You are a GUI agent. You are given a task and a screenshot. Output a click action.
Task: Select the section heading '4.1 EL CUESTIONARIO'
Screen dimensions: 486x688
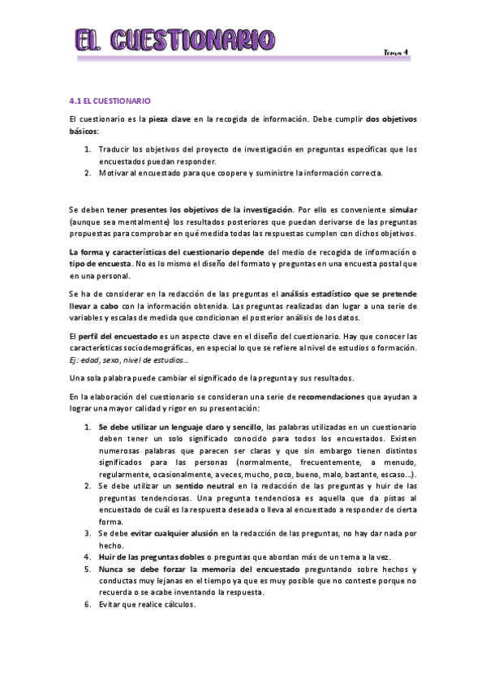110,101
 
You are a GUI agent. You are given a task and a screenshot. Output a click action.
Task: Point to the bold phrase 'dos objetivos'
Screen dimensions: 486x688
392,118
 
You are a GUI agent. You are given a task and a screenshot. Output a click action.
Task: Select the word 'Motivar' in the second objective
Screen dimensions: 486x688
114,173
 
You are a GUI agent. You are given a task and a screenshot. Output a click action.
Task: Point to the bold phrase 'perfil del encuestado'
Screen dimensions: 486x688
118,337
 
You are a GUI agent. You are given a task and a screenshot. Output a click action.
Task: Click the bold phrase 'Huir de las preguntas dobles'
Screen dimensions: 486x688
151,557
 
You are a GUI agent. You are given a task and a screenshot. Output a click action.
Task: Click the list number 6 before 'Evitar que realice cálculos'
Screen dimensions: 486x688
88,604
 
